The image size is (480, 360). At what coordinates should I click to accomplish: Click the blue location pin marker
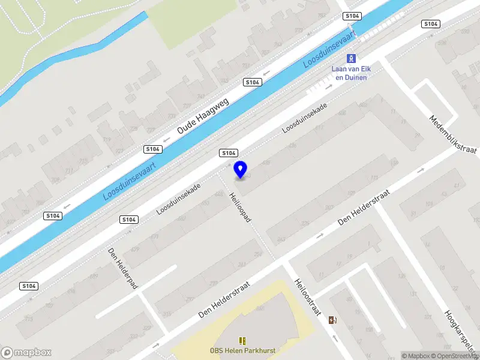(x=241, y=169)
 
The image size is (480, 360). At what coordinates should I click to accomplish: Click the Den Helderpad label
(x=123, y=268)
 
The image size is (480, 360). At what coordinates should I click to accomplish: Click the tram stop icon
(x=351, y=58)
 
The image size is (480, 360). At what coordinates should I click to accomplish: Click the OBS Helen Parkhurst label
(x=243, y=351)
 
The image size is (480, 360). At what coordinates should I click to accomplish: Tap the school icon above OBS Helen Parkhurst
(x=243, y=340)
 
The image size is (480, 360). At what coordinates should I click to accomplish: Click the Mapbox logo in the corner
(x=26, y=353)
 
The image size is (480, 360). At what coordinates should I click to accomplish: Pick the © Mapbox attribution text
(x=416, y=356)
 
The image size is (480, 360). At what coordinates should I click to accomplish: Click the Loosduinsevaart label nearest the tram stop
(x=329, y=48)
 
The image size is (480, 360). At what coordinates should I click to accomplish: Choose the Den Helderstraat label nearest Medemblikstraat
(x=364, y=208)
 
